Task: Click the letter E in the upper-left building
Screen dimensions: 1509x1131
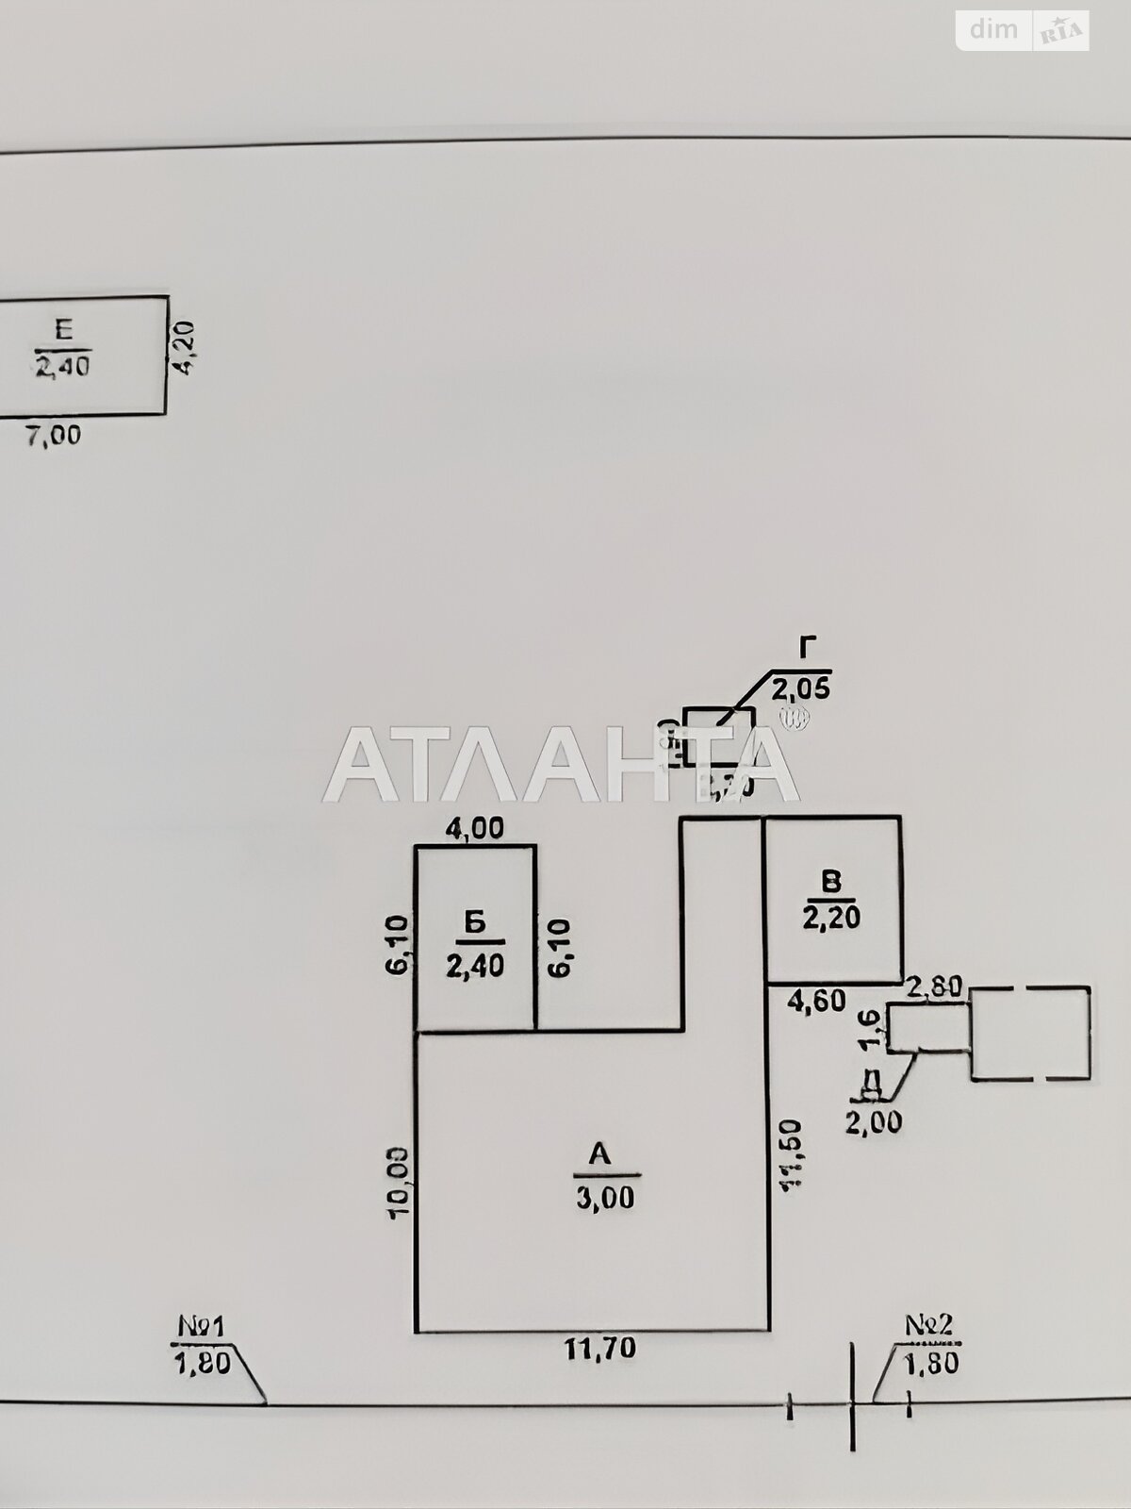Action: point(63,329)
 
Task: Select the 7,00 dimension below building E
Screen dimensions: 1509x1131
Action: point(53,435)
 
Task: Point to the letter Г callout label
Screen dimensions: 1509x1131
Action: point(806,647)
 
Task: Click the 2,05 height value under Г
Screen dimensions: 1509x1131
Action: point(801,689)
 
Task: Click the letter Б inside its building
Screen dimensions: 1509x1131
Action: point(476,922)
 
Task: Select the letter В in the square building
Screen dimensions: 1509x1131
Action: point(830,882)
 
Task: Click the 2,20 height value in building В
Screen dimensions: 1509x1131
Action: point(831,917)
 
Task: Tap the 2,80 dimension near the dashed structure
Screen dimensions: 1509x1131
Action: point(933,987)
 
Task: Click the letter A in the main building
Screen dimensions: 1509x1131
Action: point(600,1153)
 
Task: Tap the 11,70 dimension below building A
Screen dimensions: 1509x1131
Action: point(600,1349)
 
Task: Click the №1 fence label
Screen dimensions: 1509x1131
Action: point(201,1327)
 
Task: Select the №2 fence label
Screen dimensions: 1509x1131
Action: point(929,1324)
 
